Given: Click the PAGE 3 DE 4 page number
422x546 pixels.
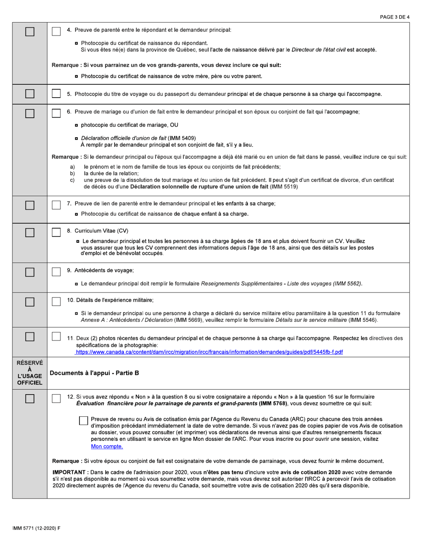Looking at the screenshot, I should coord(394,17).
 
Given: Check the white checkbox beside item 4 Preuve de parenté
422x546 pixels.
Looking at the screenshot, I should coord(56,31).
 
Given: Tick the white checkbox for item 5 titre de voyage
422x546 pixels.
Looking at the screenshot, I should coord(56,94).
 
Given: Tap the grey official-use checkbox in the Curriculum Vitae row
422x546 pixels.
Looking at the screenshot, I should coord(30,233).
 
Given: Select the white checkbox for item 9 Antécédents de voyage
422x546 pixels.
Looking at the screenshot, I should coord(56,271).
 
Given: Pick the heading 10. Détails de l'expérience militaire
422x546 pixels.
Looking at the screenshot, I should coord(110,300).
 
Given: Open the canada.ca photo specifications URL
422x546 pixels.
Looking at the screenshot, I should coord(209,352).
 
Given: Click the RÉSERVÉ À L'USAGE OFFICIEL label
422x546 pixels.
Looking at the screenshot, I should coord(29,373).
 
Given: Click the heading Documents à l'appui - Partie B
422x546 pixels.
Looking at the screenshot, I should coord(94,373).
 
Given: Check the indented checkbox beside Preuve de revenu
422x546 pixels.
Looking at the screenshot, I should coord(83,420).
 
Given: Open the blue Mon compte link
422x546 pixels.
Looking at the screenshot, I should coord(107,446).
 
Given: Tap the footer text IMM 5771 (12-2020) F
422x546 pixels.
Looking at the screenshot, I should coord(36,527).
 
